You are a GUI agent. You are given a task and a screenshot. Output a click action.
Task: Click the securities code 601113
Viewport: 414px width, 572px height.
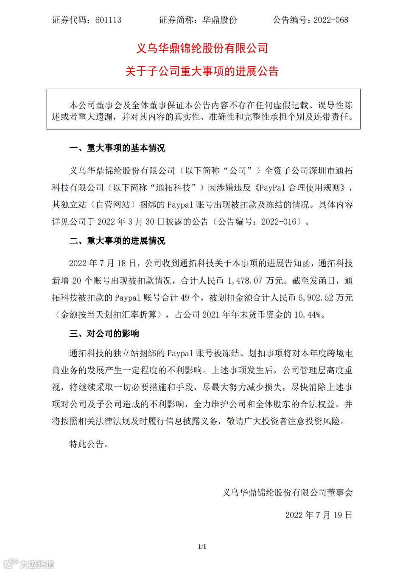[108, 20]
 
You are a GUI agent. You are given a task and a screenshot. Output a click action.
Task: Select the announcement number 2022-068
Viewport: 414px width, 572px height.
[331, 20]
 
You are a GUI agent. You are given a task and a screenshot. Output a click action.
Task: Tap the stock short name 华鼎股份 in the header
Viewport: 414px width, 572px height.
[220, 20]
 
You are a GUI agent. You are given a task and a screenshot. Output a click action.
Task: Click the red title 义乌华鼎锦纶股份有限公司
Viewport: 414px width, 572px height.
[202, 48]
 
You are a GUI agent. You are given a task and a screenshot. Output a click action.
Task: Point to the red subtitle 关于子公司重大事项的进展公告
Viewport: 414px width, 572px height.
[202, 71]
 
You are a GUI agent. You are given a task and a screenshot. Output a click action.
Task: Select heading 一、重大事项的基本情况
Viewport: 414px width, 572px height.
[117, 148]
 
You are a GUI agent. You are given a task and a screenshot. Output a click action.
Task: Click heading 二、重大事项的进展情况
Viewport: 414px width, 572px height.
[117, 241]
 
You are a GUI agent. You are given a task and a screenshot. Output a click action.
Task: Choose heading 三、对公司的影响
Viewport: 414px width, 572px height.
[104, 333]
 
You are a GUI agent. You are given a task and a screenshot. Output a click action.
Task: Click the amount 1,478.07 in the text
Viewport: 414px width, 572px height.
[245, 281]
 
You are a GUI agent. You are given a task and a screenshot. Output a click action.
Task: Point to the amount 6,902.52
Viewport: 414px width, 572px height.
[316, 298]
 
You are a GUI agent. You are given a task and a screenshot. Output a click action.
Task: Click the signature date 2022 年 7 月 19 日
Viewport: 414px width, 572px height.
[319, 515]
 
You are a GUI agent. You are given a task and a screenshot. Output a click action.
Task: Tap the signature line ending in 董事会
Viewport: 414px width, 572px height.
[288, 493]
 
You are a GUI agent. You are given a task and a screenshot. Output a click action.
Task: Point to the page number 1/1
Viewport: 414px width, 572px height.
[202, 547]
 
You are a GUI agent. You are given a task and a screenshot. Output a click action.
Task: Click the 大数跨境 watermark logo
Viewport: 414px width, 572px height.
[29, 564]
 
